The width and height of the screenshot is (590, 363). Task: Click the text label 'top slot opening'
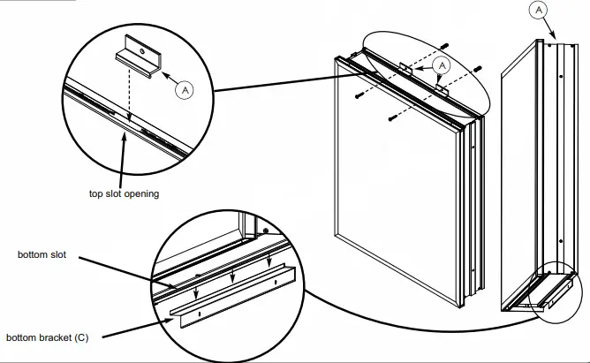coord(123,193)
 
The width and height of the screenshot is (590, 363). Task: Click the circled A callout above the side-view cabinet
coord(539,11)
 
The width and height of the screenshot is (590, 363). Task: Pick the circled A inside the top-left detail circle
coord(185,89)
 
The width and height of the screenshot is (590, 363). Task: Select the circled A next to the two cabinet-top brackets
coord(443,64)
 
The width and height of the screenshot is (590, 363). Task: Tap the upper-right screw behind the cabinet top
coord(477,68)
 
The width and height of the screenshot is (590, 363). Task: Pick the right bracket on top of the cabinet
coord(442,87)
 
